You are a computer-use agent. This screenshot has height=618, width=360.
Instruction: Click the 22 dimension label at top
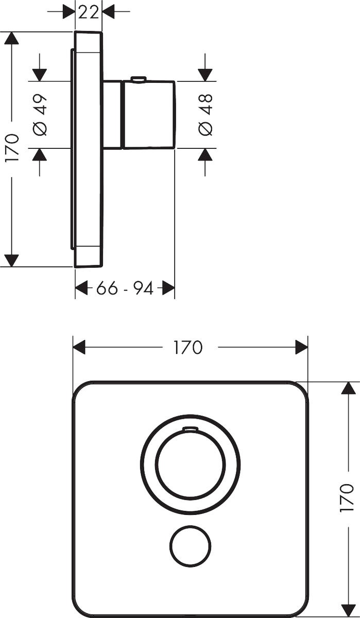click(89, 12)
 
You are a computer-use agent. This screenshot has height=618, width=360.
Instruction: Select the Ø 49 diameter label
click(40, 115)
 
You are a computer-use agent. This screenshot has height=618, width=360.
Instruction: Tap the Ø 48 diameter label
click(205, 115)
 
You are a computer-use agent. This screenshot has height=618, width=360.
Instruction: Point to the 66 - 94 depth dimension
click(125, 288)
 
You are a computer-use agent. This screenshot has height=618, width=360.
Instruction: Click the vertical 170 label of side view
click(12, 148)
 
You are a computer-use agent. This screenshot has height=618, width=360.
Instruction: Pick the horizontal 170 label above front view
click(188, 347)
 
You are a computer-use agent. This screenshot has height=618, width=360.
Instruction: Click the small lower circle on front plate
click(191, 546)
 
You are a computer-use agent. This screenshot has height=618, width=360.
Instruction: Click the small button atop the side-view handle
click(138, 79)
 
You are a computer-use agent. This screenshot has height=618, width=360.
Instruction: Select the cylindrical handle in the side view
click(149, 114)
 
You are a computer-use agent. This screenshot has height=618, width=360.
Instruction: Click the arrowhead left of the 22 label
click(69, 11)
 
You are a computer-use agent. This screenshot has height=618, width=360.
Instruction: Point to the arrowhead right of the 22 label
click(109, 11)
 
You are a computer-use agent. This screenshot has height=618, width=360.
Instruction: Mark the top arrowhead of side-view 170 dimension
click(11, 38)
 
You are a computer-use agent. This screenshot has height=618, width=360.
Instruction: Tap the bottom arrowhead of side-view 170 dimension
click(11, 261)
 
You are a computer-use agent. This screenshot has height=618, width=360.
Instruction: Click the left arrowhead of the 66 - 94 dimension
click(81, 288)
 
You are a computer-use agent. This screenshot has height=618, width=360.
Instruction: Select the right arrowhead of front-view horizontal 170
click(301, 347)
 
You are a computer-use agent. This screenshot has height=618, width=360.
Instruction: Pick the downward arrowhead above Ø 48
click(205, 75)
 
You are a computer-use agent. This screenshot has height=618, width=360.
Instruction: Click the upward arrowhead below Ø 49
click(40, 155)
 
